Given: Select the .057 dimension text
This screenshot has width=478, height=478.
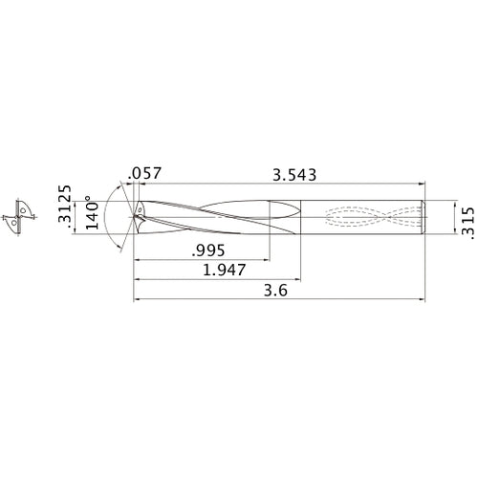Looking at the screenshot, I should pos(145,174).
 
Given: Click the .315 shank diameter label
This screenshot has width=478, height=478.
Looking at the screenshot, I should pos(467,218).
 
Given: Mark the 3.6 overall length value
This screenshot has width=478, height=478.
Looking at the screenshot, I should pos(276,292).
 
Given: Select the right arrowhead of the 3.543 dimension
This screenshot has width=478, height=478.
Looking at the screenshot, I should pos(421,185).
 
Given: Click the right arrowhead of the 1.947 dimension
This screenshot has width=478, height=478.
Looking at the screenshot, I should pos(298,280).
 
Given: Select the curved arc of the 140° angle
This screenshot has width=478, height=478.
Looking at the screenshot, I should pos(104,217).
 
